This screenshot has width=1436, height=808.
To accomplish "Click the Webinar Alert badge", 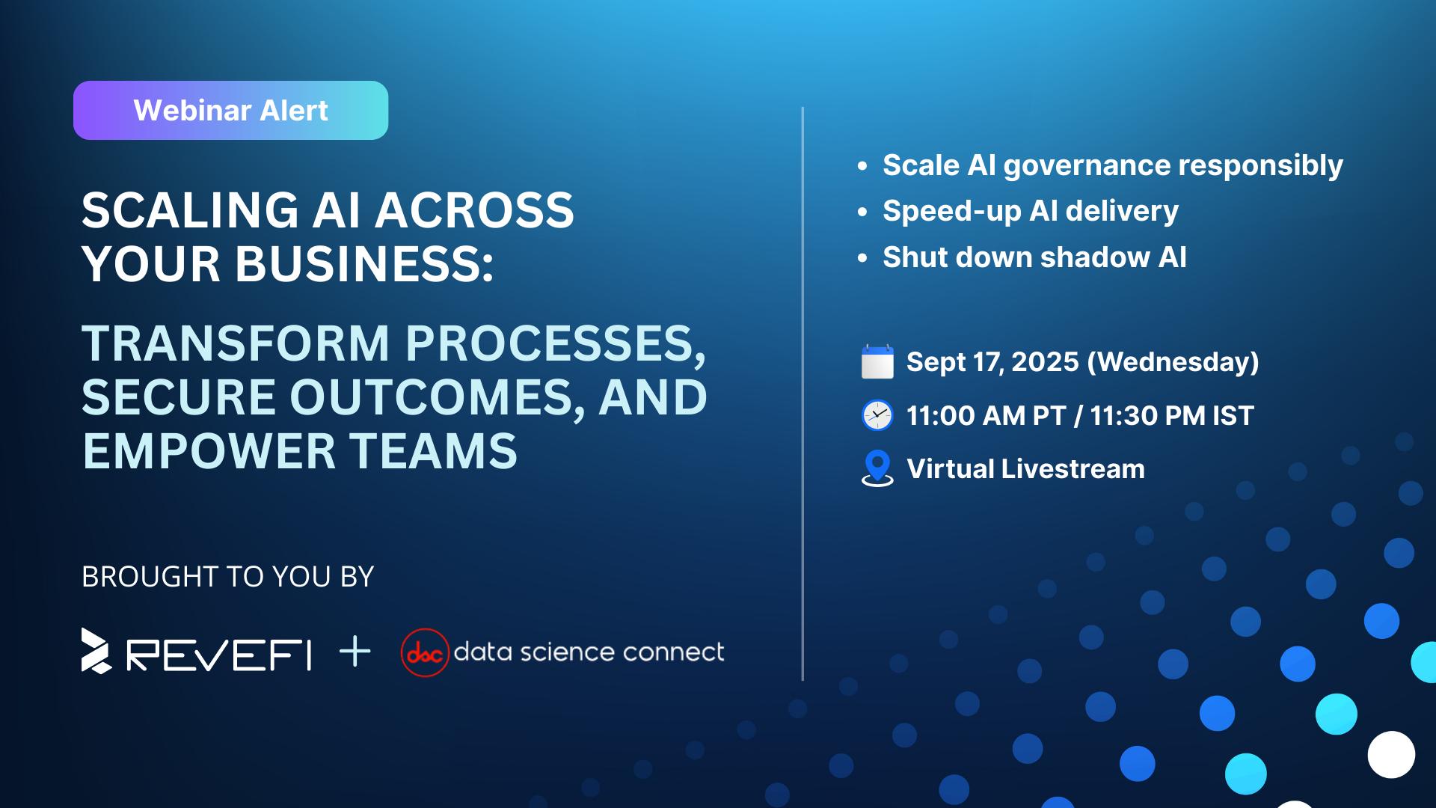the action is pyautogui.click(x=230, y=110).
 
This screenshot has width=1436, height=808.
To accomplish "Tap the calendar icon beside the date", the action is pyautogui.click(x=877, y=362).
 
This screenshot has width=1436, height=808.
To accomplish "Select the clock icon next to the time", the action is pyautogui.click(x=877, y=415).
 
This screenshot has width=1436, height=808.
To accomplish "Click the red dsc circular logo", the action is pyautogui.click(x=425, y=652).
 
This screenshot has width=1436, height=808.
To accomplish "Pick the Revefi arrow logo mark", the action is pyautogui.click(x=96, y=651).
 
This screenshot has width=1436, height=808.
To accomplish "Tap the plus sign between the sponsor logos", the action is pyautogui.click(x=355, y=652).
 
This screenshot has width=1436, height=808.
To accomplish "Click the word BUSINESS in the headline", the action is pyautogui.click(x=364, y=264).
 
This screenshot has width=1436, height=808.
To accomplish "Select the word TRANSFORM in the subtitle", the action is pyautogui.click(x=236, y=343).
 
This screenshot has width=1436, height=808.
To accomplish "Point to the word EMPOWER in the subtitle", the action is pyautogui.click(x=209, y=451).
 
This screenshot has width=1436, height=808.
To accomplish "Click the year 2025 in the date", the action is pyautogui.click(x=1045, y=362).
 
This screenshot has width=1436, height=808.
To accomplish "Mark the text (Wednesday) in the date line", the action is pyautogui.click(x=1173, y=362).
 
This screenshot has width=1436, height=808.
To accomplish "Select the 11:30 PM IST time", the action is pyautogui.click(x=1172, y=416).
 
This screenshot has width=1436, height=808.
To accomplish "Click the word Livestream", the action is pyautogui.click(x=1073, y=469).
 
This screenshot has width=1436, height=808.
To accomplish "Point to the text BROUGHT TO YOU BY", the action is pyautogui.click(x=227, y=577).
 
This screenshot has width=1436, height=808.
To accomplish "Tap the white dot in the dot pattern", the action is pyautogui.click(x=1391, y=755).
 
